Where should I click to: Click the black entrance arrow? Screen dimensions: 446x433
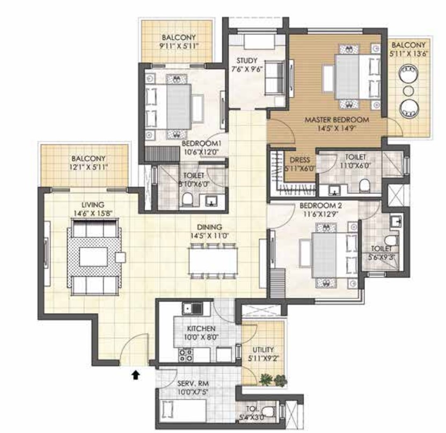pos(136,375)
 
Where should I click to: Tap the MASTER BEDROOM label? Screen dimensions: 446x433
pos(337,120)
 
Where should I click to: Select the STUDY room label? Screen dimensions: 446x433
pos(247,61)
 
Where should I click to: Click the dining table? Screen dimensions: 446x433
pos(213,261)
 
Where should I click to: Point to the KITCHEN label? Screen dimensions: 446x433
pos(201,329)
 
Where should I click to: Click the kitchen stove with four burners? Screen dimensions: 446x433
pos(185,355)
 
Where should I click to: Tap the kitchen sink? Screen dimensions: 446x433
pos(192,308)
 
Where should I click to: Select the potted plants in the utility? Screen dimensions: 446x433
pos(273,380)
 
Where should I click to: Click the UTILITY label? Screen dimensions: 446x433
pos(263,350)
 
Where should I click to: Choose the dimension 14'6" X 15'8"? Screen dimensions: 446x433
pos(93,213)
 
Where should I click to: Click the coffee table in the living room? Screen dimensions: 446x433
pos(93,256)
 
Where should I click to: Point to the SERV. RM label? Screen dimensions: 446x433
pos(193,384)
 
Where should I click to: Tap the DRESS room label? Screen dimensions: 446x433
pos(299,160)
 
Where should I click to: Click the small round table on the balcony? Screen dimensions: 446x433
pos(408,90)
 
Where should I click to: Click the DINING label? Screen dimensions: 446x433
pos(210,227)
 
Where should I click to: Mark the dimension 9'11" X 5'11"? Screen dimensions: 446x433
pos(179,46)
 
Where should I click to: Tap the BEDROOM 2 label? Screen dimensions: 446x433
pos(321,206)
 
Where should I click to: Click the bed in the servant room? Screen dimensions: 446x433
pos(181,410)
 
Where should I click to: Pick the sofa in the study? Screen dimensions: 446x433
pos(274,78)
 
